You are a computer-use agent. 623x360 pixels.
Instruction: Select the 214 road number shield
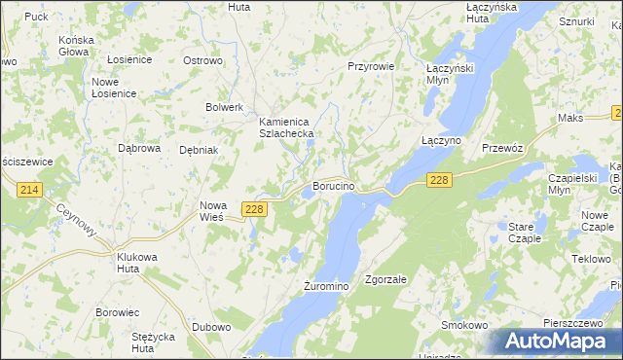(28, 191)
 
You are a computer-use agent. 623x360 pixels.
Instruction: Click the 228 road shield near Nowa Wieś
(255, 209)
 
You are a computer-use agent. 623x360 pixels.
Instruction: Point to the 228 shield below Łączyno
(440, 180)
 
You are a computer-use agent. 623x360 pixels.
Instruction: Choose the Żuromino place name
(325, 287)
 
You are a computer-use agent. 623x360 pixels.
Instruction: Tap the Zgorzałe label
(385, 279)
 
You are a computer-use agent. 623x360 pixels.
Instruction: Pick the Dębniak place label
(199, 150)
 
